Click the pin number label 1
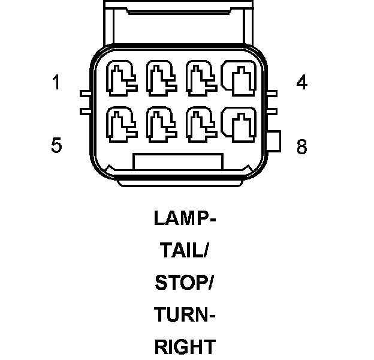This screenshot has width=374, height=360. tap(56, 82)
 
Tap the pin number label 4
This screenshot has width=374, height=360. tap(301, 82)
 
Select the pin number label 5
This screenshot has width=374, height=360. tap(56, 145)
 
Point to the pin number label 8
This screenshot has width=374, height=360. tap(301, 146)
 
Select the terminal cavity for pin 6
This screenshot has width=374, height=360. tap(159, 123)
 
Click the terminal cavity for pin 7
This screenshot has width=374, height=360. tap(199, 123)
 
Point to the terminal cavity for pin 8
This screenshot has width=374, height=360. tap(237, 123)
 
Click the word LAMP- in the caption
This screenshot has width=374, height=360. tap(185, 218)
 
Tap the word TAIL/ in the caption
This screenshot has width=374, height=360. tap(185, 251)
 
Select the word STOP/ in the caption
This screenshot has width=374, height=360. tap(185, 283)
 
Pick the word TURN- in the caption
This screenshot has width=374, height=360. tap(185, 314)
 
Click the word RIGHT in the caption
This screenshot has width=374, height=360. tap(185, 346)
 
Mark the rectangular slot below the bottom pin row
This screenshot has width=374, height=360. tap(178, 161)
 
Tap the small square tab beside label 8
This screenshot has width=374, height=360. tap(275, 142)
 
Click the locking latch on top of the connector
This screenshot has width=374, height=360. tap(178, 21)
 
